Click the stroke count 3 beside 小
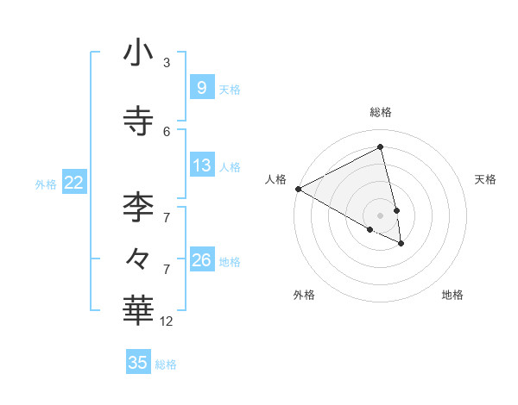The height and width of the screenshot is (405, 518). (x=167, y=62)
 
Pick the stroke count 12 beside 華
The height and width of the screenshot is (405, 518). (x=167, y=321)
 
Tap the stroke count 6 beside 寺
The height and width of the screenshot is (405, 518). (x=167, y=131)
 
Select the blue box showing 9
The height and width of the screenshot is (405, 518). (x=201, y=87)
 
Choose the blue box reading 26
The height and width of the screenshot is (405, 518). (x=201, y=259)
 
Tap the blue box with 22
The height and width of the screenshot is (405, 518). (x=74, y=182)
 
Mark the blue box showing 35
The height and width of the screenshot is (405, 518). (x=138, y=363)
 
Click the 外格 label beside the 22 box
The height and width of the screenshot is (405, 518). (x=46, y=184)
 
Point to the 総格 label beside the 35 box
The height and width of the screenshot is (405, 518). (x=166, y=364)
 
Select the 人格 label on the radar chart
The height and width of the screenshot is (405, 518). (x=275, y=179)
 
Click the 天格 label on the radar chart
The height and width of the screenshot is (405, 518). (x=485, y=179)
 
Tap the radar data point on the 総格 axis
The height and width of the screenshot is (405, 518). (x=381, y=148)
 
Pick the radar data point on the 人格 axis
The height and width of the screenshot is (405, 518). (x=298, y=189)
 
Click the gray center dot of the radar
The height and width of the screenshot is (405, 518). (x=381, y=215)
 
